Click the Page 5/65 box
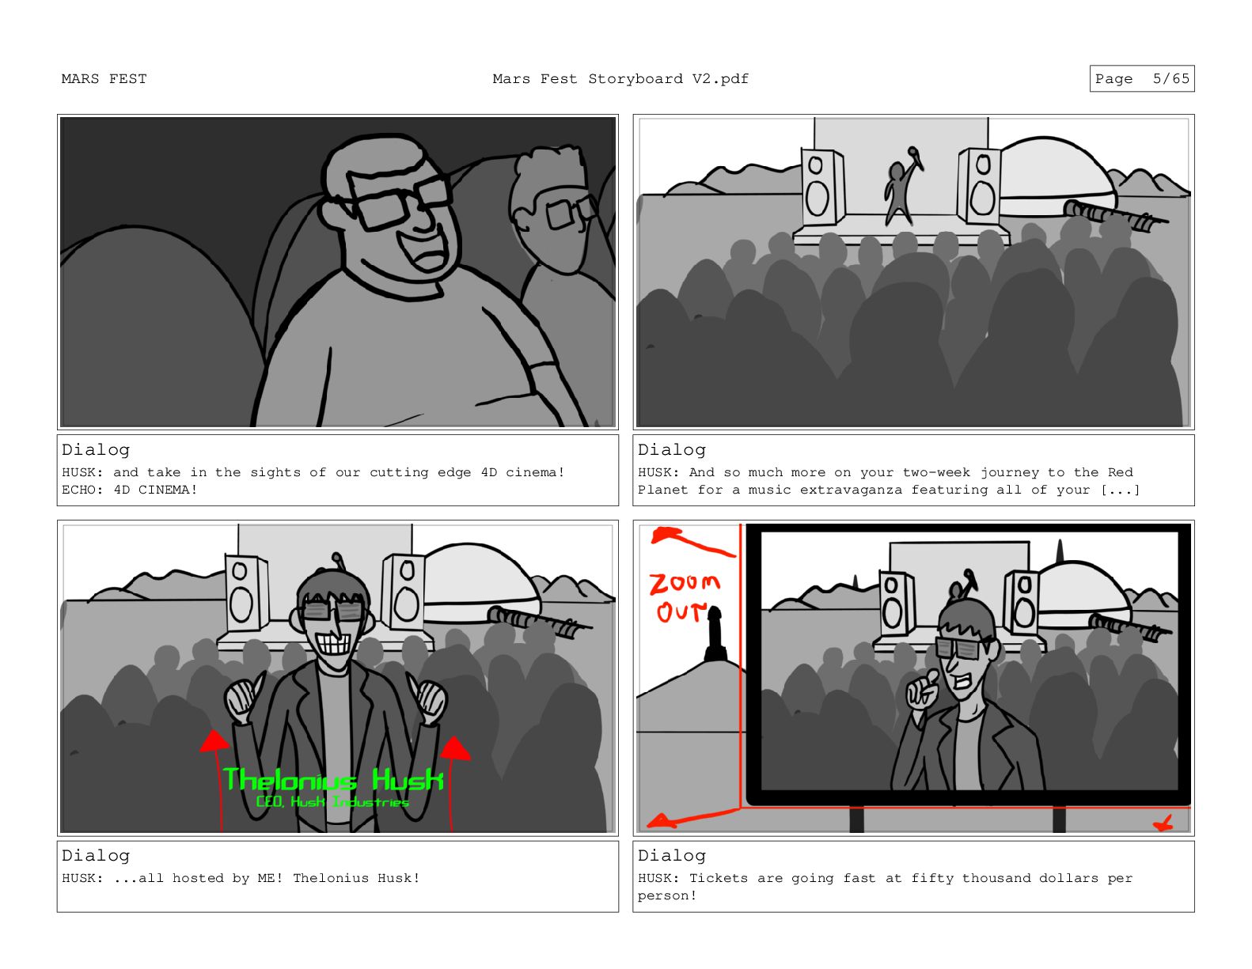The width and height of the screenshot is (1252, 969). coord(1141,78)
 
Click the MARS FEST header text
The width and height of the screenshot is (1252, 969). coord(104,79)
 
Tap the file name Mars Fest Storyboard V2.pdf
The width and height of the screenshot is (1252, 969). coord(620,79)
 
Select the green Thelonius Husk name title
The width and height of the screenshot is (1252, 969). coord(333,780)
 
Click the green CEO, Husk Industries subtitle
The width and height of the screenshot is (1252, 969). coord(332,801)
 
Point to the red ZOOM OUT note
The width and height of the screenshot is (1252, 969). coord(684,597)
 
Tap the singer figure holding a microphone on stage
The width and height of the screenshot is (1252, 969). coord(902,186)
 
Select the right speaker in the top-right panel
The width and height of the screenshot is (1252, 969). coord(979,186)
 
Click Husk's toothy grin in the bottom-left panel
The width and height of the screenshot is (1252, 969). coord(334,642)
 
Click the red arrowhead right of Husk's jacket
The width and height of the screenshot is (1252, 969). coord(454,748)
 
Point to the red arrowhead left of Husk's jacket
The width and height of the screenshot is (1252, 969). coord(214,741)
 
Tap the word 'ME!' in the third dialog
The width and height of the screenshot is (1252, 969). coord(270,878)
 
